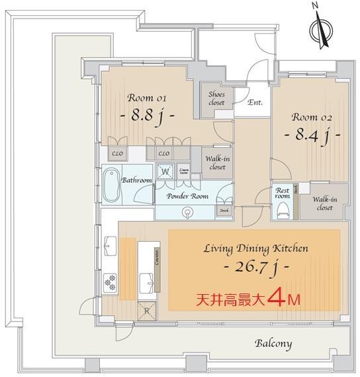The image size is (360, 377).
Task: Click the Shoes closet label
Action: [216, 99]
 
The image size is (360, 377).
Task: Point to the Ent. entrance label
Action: [255, 103]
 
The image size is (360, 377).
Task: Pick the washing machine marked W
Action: [166, 172]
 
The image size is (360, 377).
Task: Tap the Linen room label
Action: [184, 172]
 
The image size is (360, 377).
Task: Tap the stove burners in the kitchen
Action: [110, 282]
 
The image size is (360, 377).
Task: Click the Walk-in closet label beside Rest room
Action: [322, 203]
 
